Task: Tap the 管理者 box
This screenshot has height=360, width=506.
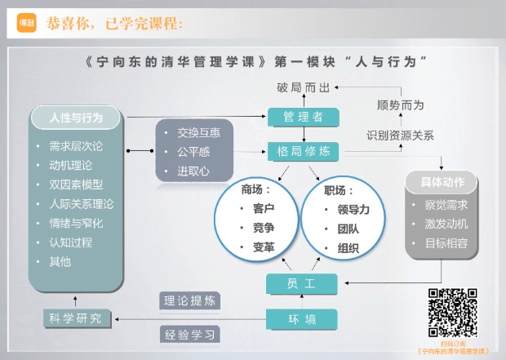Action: [302, 117]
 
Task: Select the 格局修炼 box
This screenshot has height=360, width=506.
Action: [302, 152]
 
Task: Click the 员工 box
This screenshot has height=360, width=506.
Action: [302, 283]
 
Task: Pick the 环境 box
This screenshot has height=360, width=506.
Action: [302, 319]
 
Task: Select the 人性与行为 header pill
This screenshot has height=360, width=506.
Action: [77, 117]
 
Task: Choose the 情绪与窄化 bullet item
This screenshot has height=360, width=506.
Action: [76, 223]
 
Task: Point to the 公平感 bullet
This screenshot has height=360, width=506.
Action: [193, 151]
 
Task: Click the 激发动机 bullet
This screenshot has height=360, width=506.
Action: [446, 223]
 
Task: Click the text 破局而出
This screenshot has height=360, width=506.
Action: [302, 87]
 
